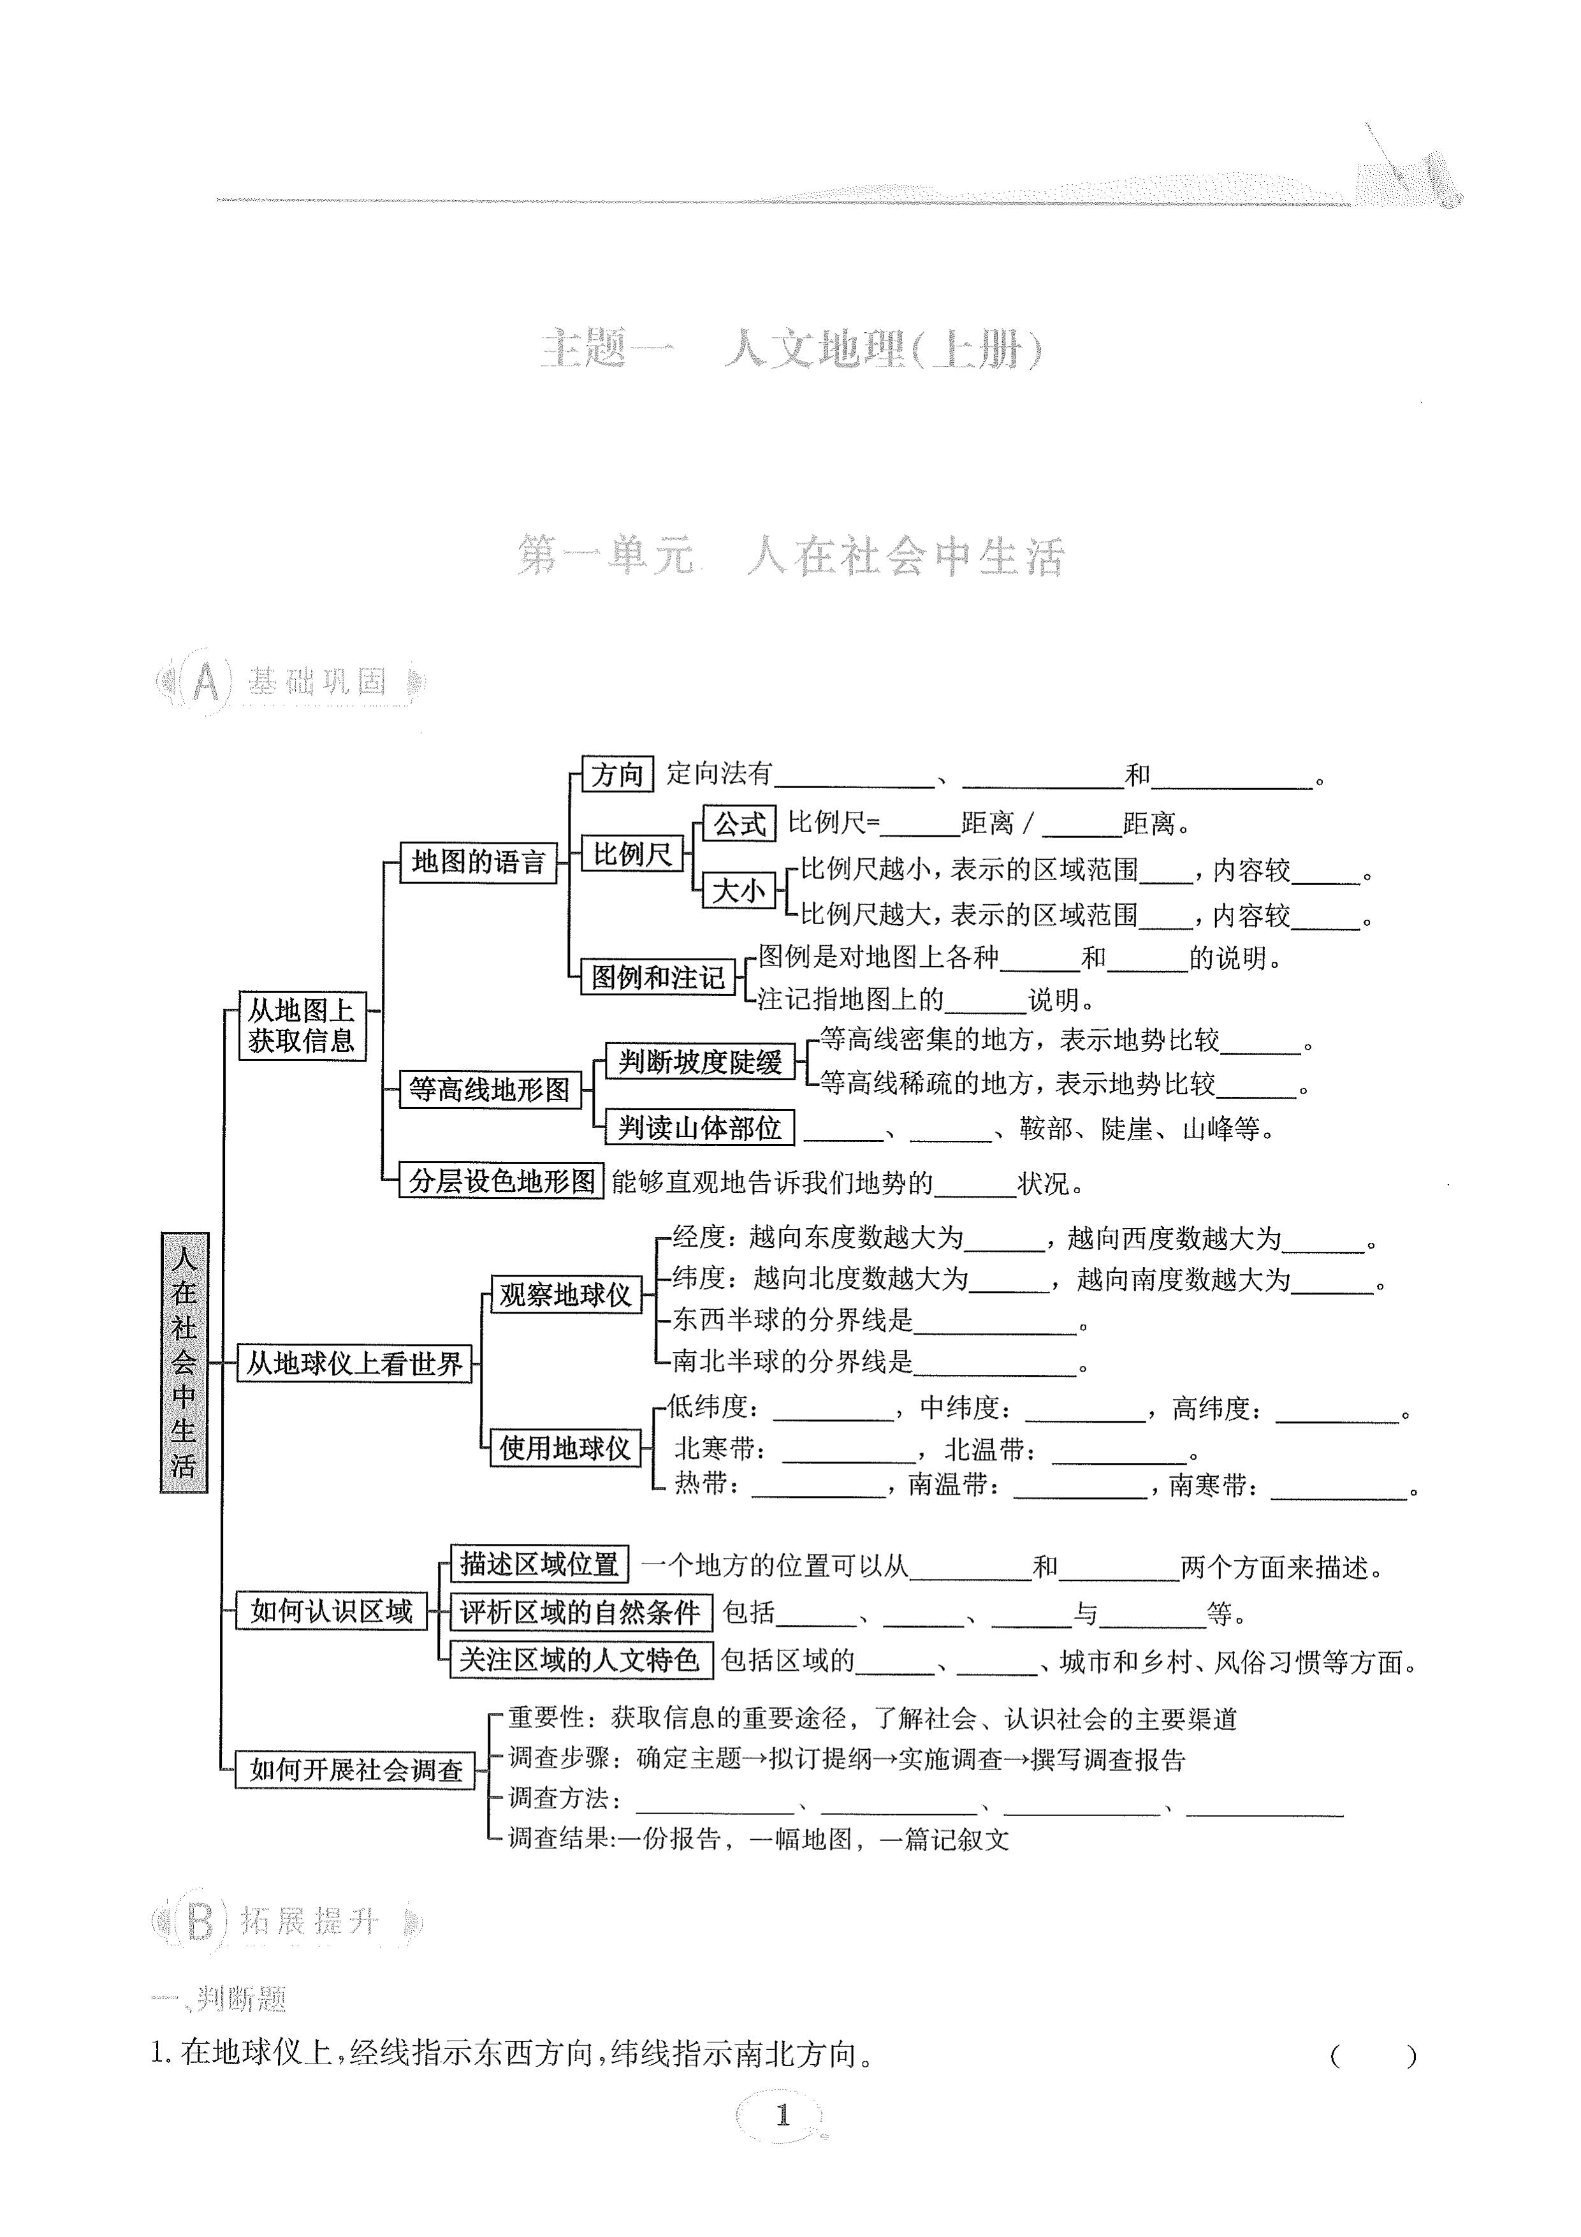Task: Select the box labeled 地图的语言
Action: (x=477, y=862)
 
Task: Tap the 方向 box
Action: (x=616, y=775)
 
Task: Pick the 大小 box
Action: (x=738, y=890)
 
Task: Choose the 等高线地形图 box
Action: (x=489, y=1089)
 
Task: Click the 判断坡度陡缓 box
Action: (x=699, y=1061)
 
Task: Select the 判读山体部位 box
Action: (x=699, y=1128)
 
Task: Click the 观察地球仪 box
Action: (x=565, y=1295)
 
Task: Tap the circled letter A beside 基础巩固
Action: (x=205, y=683)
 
